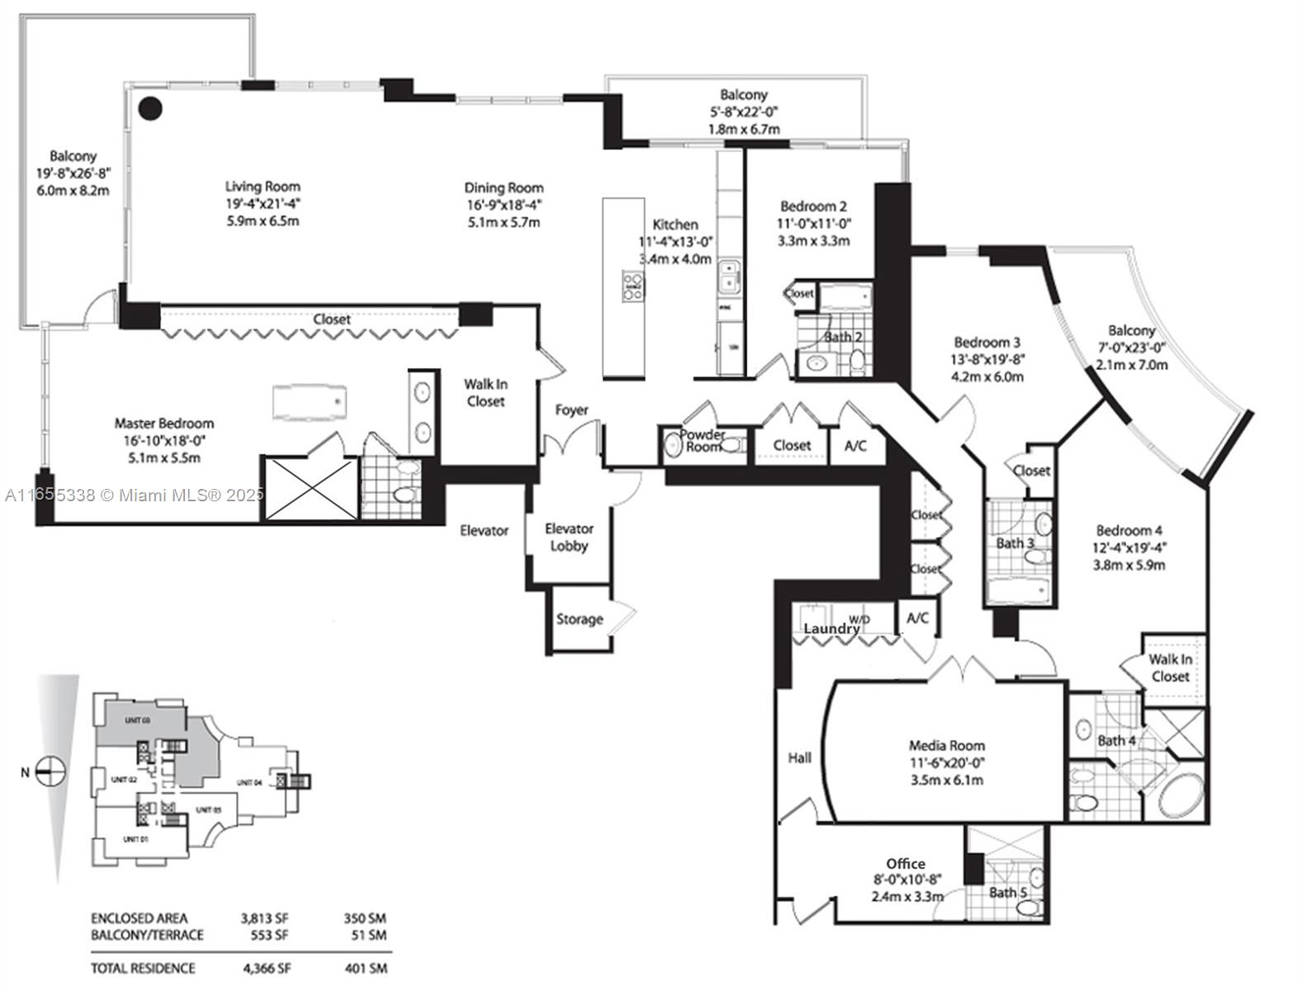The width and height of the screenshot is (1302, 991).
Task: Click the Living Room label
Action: coord(263,187)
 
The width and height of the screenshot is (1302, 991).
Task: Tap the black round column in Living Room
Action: coord(149,107)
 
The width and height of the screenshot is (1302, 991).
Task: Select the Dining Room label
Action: coord(503,187)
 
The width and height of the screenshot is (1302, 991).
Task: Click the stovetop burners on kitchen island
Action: coord(633,285)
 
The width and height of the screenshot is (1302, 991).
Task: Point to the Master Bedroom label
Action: coord(163,424)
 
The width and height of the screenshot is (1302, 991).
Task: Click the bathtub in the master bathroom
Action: coord(310,401)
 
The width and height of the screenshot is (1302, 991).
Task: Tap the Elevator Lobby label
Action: coord(569,537)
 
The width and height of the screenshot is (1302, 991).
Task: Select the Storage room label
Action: coord(579,619)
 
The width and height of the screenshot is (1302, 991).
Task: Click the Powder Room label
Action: coord(703,440)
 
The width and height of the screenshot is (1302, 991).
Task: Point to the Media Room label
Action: coord(946,745)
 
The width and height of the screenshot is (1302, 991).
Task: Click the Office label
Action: coord(906,864)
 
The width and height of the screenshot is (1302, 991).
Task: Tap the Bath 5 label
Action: coord(1008,892)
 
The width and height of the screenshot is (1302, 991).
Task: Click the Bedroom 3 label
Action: coord(987,342)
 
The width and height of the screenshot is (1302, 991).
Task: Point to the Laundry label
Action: coord(831,629)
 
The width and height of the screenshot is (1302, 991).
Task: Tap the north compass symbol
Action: coord(51,772)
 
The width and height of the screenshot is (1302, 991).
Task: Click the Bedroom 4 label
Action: coord(1129,530)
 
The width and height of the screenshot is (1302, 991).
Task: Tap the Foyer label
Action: coord(571,410)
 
